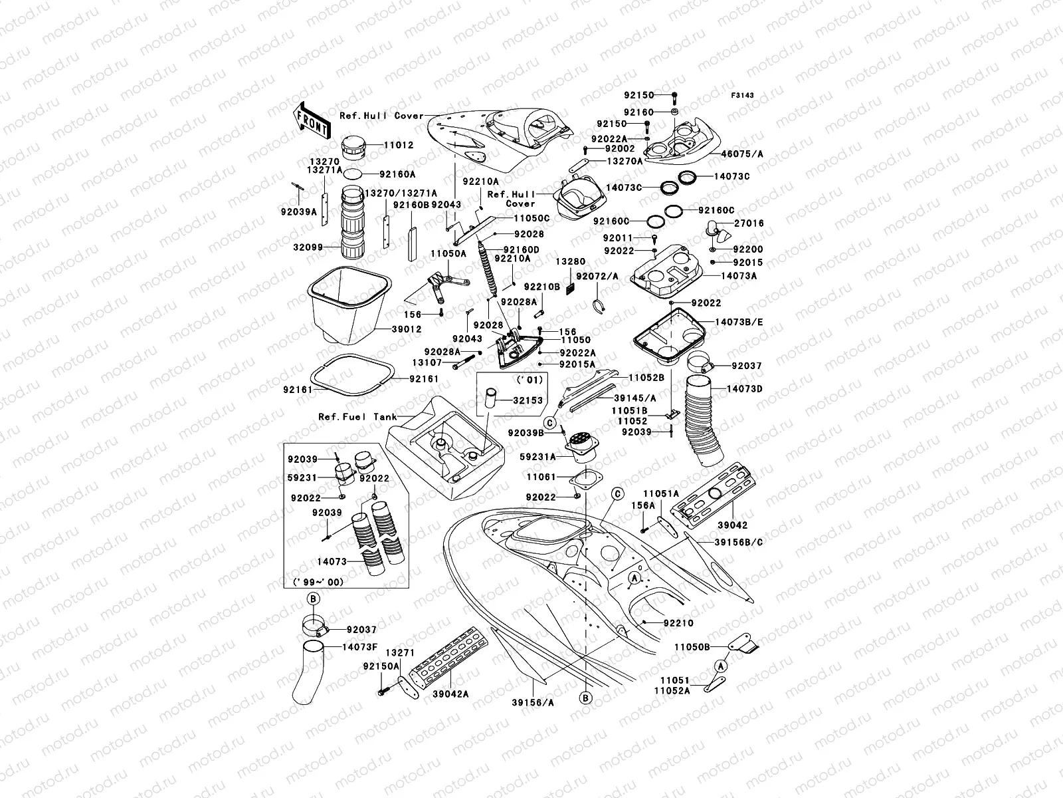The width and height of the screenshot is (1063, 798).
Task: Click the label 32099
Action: (x=308, y=247)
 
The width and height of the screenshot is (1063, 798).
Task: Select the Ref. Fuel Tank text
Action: (x=357, y=417)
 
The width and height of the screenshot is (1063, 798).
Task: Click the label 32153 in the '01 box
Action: (x=528, y=400)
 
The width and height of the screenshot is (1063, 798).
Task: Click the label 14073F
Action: (x=359, y=646)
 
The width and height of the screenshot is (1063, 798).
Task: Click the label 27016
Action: (x=749, y=224)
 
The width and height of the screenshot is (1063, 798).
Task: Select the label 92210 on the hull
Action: (x=678, y=623)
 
